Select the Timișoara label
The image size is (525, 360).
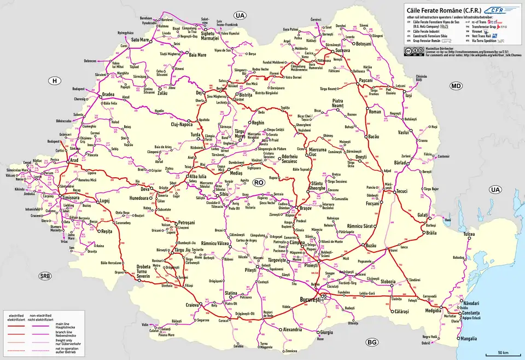pyautogui.click(x=60, y=197)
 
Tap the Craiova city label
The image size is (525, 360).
pyautogui.click(x=191, y=305)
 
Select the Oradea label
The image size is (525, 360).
pyautogui.click(x=108, y=94)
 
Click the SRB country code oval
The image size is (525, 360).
pyautogui.click(x=45, y=276)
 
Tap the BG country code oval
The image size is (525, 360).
pyautogui.click(x=372, y=342)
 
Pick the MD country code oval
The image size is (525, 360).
pyautogui.click(x=456, y=86)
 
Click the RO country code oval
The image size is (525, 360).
pyautogui.click(x=259, y=181)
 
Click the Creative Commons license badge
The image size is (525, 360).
pyautogui.click(x=414, y=51)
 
